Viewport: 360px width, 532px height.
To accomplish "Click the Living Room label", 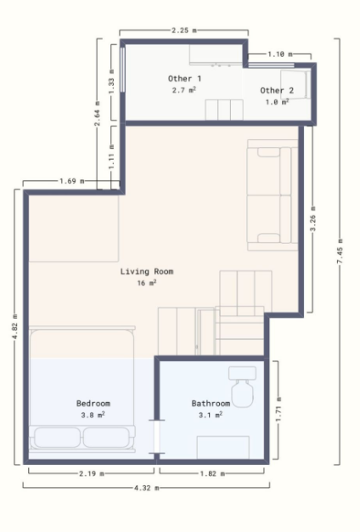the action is [x=147, y=271].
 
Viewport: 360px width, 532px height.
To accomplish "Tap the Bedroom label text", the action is [x=93, y=404].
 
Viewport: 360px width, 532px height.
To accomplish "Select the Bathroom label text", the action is [x=211, y=404].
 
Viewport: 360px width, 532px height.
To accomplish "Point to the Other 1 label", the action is [x=185, y=79].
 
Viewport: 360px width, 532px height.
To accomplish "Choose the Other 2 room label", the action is [x=277, y=91].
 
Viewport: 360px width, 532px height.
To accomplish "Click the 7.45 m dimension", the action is [x=340, y=251].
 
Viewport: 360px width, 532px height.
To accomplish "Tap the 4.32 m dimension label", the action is [x=146, y=488].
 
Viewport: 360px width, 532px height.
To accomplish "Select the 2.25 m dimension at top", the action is [x=184, y=31].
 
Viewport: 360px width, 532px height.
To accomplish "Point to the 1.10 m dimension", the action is [x=280, y=54].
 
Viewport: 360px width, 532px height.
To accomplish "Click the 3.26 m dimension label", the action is [x=312, y=219].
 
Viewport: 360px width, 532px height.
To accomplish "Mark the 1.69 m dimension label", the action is [x=72, y=181].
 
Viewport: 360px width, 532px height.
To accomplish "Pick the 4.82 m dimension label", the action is [x=14, y=327].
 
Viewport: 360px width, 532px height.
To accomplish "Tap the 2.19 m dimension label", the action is [x=92, y=473].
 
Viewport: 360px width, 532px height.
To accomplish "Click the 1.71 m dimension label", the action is [x=278, y=410].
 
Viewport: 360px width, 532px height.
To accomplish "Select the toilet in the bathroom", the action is [x=242, y=387].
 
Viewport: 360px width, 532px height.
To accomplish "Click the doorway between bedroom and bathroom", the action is [x=157, y=437].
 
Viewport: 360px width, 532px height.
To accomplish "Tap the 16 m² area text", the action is [x=147, y=283].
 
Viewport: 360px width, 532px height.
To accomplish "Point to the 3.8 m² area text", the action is [x=93, y=415].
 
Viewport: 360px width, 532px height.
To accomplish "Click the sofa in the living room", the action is [x=273, y=195].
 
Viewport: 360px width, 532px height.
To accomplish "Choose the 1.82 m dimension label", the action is [x=212, y=473].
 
